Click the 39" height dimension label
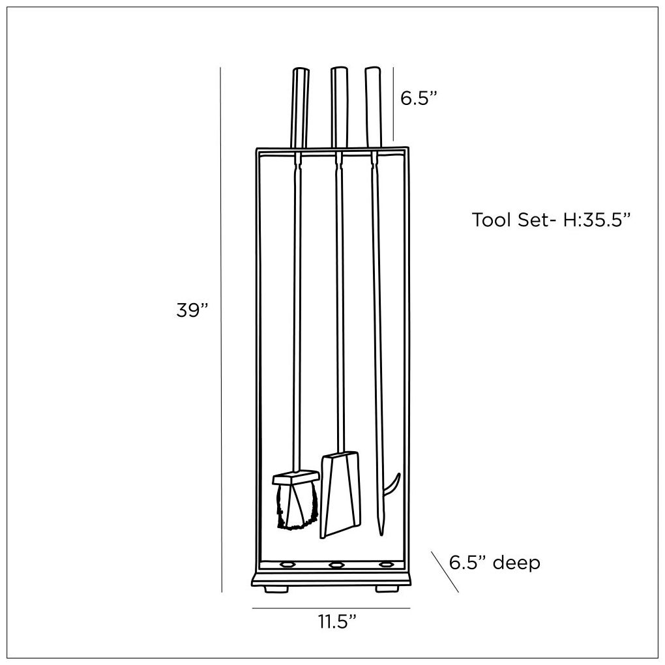pyautogui.click(x=192, y=310)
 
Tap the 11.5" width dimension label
pyautogui.click(x=337, y=621)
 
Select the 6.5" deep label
pyautogui.click(x=495, y=562)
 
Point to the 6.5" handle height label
pyautogui.click(x=418, y=98)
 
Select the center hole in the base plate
pyautogui.click(x=337, y=565)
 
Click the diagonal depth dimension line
pyautogui.click(x=445, y=572)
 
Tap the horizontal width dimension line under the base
pyautogui.click(x=331, y=608)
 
